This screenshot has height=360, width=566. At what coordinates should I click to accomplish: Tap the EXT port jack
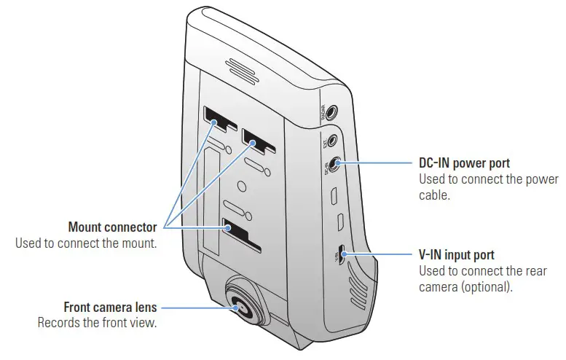tap(333, 139)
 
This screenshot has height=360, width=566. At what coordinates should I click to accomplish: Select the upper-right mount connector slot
tap(257, 139)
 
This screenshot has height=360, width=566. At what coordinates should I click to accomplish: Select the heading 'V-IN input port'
tap(457, 255)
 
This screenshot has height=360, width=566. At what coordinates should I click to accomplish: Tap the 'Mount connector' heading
tap(112, 227)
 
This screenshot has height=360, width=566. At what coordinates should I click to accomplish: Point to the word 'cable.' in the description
tap(436, 195)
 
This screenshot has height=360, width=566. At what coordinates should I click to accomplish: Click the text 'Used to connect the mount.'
tap(86, 243)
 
